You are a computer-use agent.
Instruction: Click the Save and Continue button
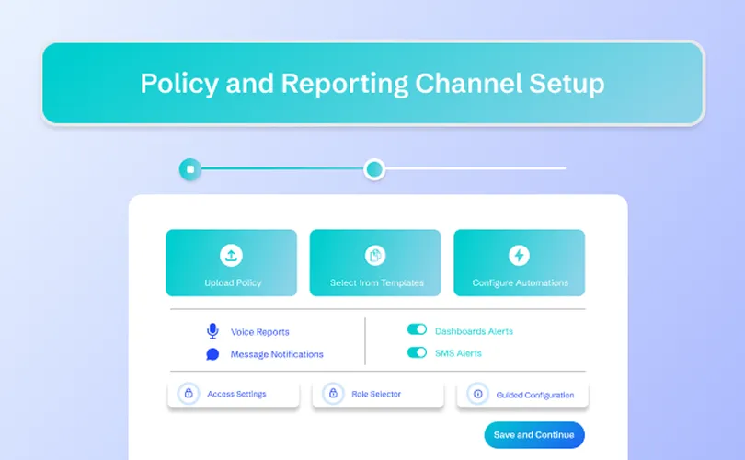533,435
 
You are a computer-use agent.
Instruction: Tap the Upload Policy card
231,263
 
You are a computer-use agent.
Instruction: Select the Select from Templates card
375,263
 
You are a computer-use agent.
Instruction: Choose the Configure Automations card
519,263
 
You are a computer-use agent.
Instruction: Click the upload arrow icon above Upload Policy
231,255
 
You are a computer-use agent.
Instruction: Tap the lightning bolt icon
519,255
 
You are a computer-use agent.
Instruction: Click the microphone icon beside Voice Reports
212,331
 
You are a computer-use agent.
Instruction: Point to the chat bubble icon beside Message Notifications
212,354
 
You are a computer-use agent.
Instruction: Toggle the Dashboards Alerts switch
417,329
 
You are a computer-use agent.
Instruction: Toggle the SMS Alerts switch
417,352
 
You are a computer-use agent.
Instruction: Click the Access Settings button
234,394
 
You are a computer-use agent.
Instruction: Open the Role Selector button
377,394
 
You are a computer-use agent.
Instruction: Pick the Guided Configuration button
521,394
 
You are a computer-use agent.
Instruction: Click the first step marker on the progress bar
190,169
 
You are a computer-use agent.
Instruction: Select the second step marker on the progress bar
373,169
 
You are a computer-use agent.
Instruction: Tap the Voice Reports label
259,332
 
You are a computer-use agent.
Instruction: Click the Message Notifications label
277,354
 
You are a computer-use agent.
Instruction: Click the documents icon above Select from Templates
375,255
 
